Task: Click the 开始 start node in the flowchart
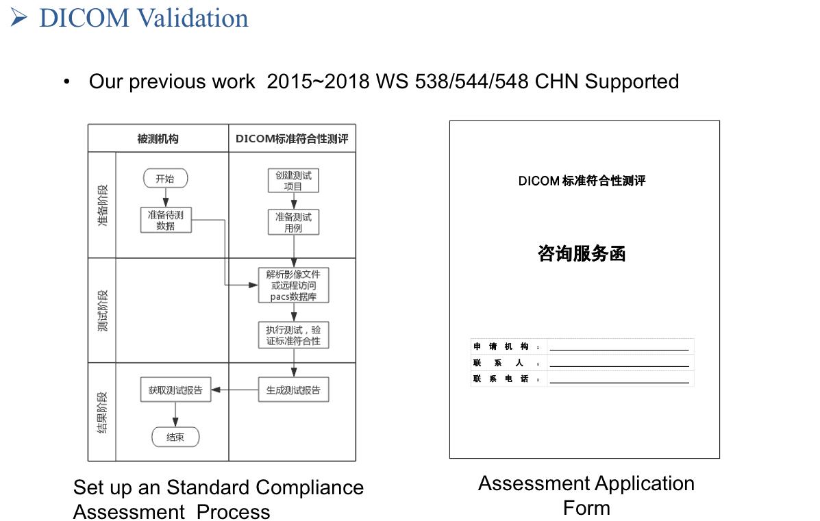[x=165, y=178]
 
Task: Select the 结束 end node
[x=175, y=437]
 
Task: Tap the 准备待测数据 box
[x=166, y=220]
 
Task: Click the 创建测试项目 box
[x=293, y=180]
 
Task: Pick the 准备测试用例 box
[x=293, y=222]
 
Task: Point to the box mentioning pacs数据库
[x=293, y=285]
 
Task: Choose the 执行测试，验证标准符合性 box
[x=293, y=335]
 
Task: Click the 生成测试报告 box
[x=293, y=390]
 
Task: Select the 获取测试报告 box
[x=175, y=390]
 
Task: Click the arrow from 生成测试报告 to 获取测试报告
[x=235, y=390]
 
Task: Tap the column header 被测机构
[x=158, y=138]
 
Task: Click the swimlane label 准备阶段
[x=103, y=205]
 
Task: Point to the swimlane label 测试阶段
[x=103, y=310]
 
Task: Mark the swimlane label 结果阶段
[x=103, y=412]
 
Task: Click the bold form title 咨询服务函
[x=582, y=253]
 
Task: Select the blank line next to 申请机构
[x=619, y=350]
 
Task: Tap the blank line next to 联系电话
[x=619, y=383]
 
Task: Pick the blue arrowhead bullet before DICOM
[x=18, y=18]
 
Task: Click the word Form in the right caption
[x=587, y=508]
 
